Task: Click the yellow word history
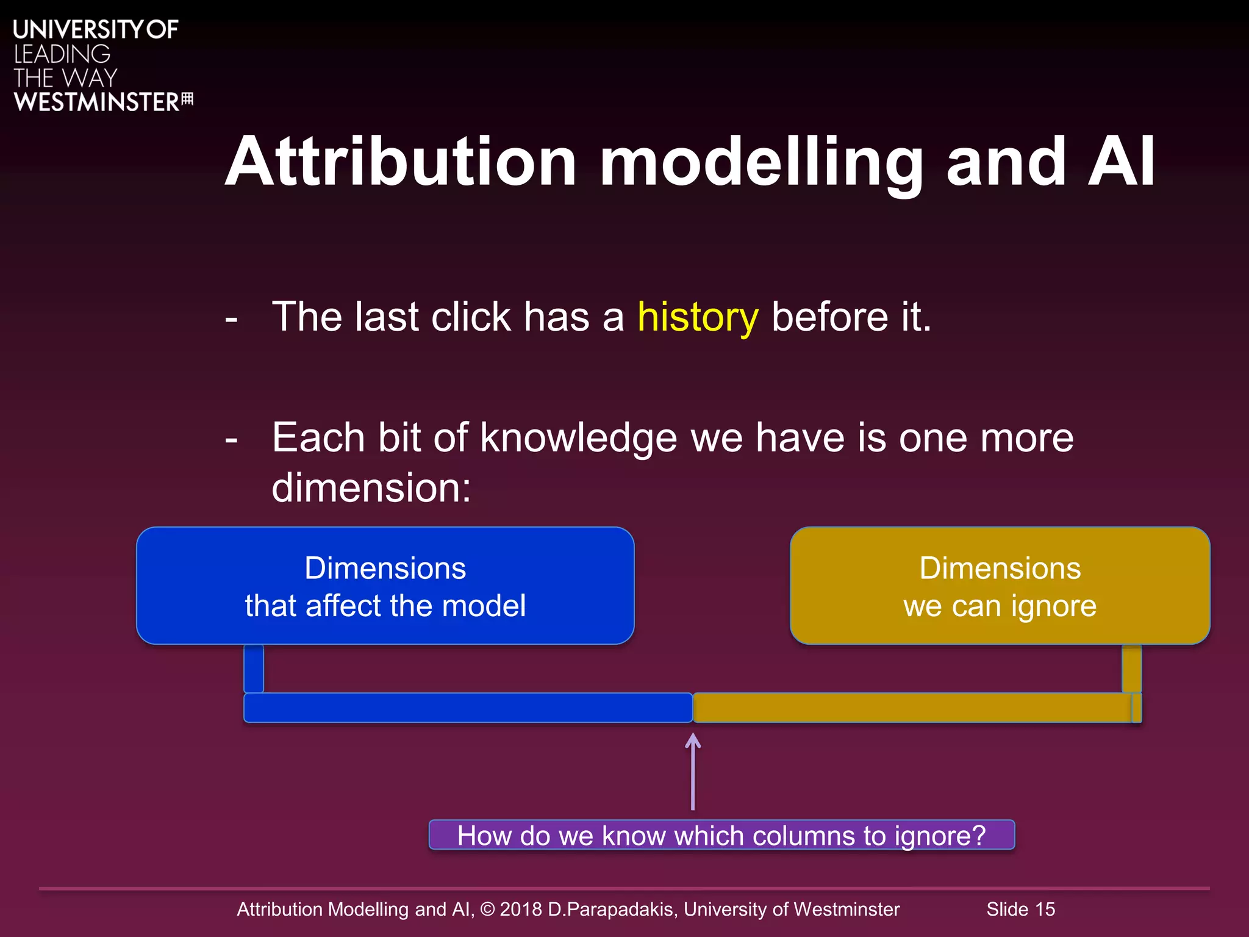(698, 317)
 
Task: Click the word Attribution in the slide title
(401, 162)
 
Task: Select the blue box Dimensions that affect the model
(385, 586)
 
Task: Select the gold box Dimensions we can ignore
(1000, 586)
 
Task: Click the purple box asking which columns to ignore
(721, 835)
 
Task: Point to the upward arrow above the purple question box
(693, 771)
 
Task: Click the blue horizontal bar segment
(468, 708)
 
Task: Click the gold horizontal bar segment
(912, 708)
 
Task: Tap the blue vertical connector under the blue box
(254, 668)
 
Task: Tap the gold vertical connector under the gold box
(1131, 668)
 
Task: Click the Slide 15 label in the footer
(1020, 909)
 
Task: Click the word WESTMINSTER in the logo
(96, 102)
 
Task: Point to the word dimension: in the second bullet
(371, 488)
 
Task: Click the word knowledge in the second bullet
(578, 438)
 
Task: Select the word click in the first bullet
(470, 317)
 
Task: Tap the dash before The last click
(231, 318)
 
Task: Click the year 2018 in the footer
(521, 909)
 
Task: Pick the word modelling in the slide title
(760, 162)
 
